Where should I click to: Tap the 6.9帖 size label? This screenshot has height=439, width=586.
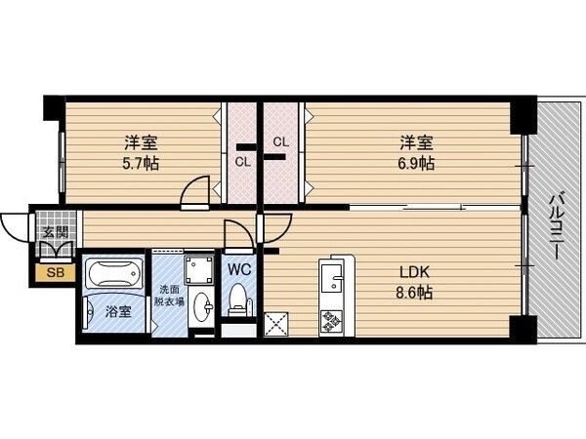415,163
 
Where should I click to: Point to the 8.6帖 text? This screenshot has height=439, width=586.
413,292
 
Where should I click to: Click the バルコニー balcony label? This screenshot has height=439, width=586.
553,225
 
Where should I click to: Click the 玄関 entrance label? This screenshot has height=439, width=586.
55,234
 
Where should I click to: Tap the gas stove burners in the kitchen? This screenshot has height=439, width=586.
330,320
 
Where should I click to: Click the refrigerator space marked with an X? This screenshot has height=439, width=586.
277,323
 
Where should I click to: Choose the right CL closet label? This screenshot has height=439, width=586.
281,142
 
